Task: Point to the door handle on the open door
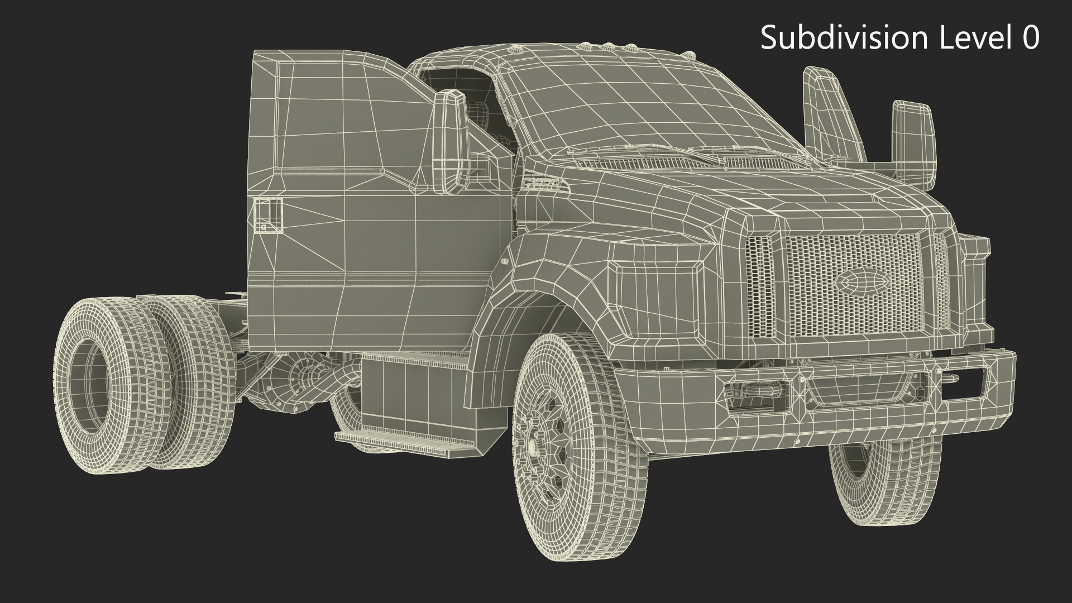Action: pyautogui.click(x=267, y=215)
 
